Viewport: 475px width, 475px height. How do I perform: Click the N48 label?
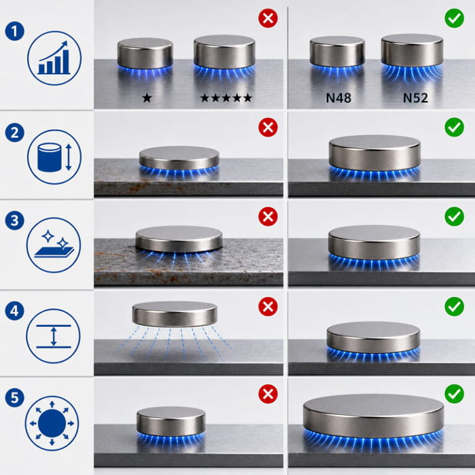click(338, 98)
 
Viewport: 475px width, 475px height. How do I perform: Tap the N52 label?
click(416, 98)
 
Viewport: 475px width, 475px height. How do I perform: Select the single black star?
click(147, 98)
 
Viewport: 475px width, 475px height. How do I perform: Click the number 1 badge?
click(15, 31)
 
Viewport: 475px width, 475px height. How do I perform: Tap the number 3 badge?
click(15, 220)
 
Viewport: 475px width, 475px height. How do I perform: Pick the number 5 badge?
click(15, 397)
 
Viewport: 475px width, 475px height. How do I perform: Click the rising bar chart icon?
click(54, 58)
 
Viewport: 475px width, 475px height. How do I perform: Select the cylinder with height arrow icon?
click(54, 157)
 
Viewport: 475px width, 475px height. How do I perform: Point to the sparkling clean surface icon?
click(54, 245)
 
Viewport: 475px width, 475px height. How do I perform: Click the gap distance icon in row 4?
click(53, 336)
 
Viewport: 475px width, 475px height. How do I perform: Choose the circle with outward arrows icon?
click(52, 423)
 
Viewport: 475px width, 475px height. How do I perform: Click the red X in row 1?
click(268, 18)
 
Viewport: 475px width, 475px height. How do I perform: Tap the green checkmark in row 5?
click(454, 394)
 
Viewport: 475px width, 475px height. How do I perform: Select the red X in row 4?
click(268, 307)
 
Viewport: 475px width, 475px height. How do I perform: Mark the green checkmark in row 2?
click(454, 127)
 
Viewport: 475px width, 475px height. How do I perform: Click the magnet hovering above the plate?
click(175, 314)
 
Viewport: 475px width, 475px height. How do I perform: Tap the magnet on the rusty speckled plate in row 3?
click(179, 239)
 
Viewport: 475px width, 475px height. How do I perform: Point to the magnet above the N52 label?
click(412, 50)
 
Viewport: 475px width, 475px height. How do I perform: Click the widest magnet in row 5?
click(373, 416)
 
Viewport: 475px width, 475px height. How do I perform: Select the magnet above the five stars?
click(225, 51)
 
